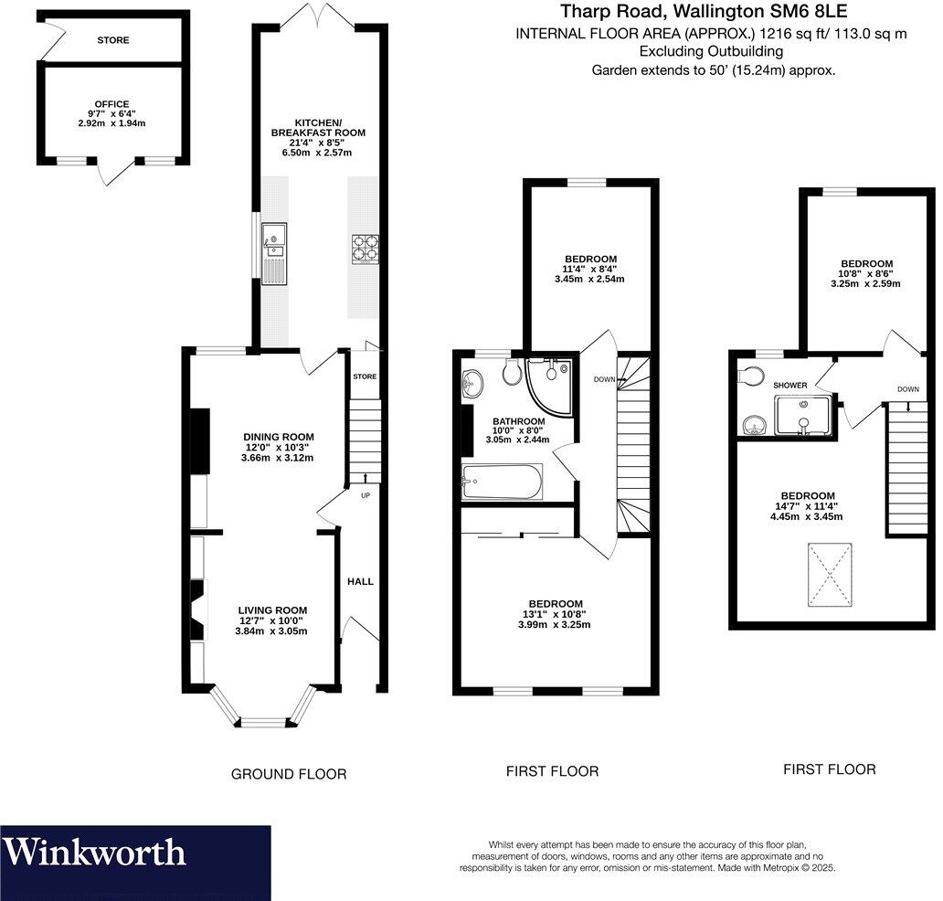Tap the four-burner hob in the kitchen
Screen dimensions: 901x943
tap(366, 249)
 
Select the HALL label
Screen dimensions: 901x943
tap(360, 581)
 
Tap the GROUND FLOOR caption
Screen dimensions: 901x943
tap(288, 774)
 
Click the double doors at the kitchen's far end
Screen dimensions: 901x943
tap(316, 16)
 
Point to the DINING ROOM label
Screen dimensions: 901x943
tap(278, 437)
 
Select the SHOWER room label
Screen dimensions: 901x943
tap(790, 386)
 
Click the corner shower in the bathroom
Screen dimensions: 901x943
tap(551, 383)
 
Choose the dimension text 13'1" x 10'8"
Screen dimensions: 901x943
tap(556, 614)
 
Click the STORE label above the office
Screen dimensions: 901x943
tap(113, 40)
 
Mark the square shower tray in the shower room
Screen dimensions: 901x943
tap(802, 415)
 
